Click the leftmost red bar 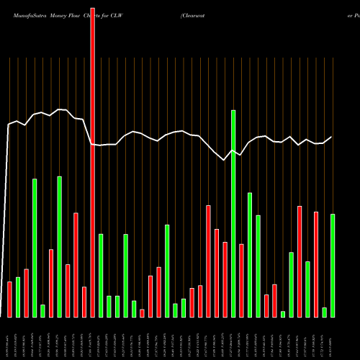point(9,299)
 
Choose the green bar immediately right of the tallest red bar point(101,275)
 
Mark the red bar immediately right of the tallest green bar point(241,280)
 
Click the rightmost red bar point(316,264)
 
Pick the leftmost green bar point(18,297)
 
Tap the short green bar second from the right point(325,312)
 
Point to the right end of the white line point(332,137)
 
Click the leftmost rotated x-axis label point(9,338)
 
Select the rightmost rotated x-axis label point(333,338)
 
